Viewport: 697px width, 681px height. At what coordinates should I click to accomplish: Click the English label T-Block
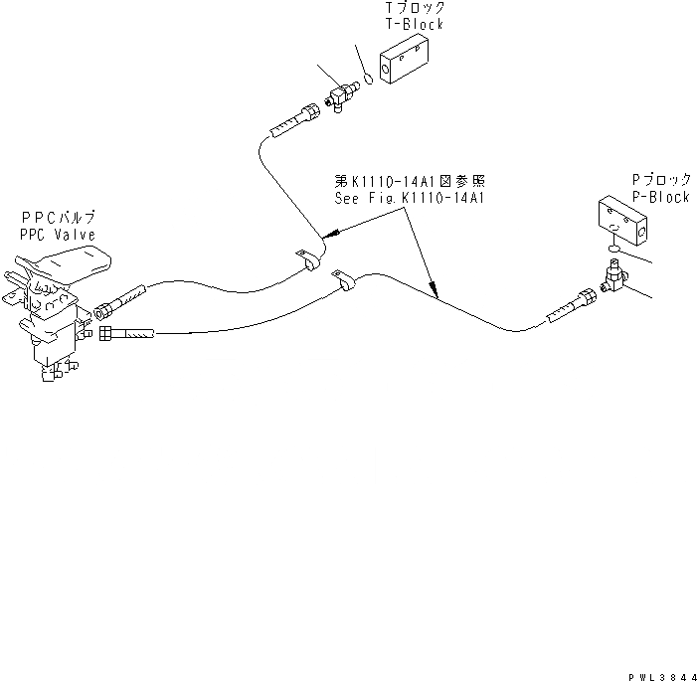click(414, 24)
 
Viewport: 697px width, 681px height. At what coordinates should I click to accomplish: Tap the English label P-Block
click(660, 197)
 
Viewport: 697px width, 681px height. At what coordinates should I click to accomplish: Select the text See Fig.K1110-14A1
click(409, 198)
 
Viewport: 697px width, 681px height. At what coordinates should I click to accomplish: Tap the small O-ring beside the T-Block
click(367, 76)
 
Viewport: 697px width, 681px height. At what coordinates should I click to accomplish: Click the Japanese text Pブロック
click(660, 180)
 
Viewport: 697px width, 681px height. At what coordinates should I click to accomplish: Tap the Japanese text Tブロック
click(414, 7)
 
